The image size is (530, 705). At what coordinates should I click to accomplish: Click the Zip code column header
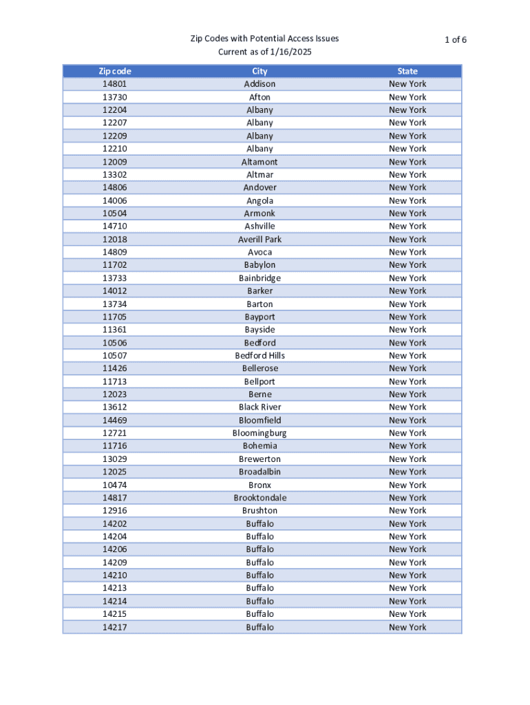pos(115,71)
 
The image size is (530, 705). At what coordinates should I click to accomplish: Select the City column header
pos(259,71)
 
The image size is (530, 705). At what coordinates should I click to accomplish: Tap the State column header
pos(407,71)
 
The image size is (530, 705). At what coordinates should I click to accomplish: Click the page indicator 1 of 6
pos(456,39)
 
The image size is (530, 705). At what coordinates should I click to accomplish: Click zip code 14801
pos(115,84)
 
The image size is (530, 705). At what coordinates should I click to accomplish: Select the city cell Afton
pos(259,97)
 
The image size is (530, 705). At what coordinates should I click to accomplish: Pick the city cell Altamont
pos(259,162)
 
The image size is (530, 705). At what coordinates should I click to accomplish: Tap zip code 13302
pos(115,174)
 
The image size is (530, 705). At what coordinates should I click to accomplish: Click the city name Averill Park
pos(259,239)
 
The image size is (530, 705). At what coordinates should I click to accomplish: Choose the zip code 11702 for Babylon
pos(115,265)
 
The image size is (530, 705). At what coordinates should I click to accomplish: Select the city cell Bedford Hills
pos(259,355)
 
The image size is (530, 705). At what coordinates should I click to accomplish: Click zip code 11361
pos(115,330)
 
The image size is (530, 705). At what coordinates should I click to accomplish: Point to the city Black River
pos(259,407)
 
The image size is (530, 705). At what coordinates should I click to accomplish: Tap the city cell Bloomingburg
pos(259,433)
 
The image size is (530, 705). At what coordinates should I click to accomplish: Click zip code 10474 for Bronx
pos(115,485)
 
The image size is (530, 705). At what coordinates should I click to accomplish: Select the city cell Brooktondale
pos(259,498)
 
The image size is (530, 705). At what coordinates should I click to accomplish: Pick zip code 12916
pos(115,510)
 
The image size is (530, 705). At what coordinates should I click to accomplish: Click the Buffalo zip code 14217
pos(115,627)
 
